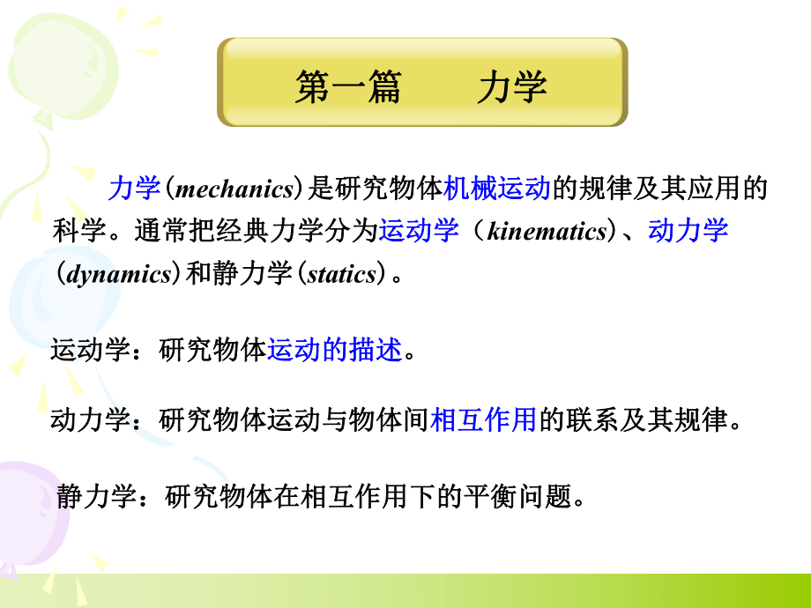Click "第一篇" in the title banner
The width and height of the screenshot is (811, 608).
347,88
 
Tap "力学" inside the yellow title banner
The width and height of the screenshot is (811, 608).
512,88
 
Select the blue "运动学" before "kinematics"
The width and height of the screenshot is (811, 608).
419,231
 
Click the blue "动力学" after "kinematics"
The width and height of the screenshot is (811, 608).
688,231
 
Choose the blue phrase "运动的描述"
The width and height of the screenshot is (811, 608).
334,351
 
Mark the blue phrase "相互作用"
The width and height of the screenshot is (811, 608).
483,420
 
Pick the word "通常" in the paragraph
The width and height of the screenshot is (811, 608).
161,231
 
